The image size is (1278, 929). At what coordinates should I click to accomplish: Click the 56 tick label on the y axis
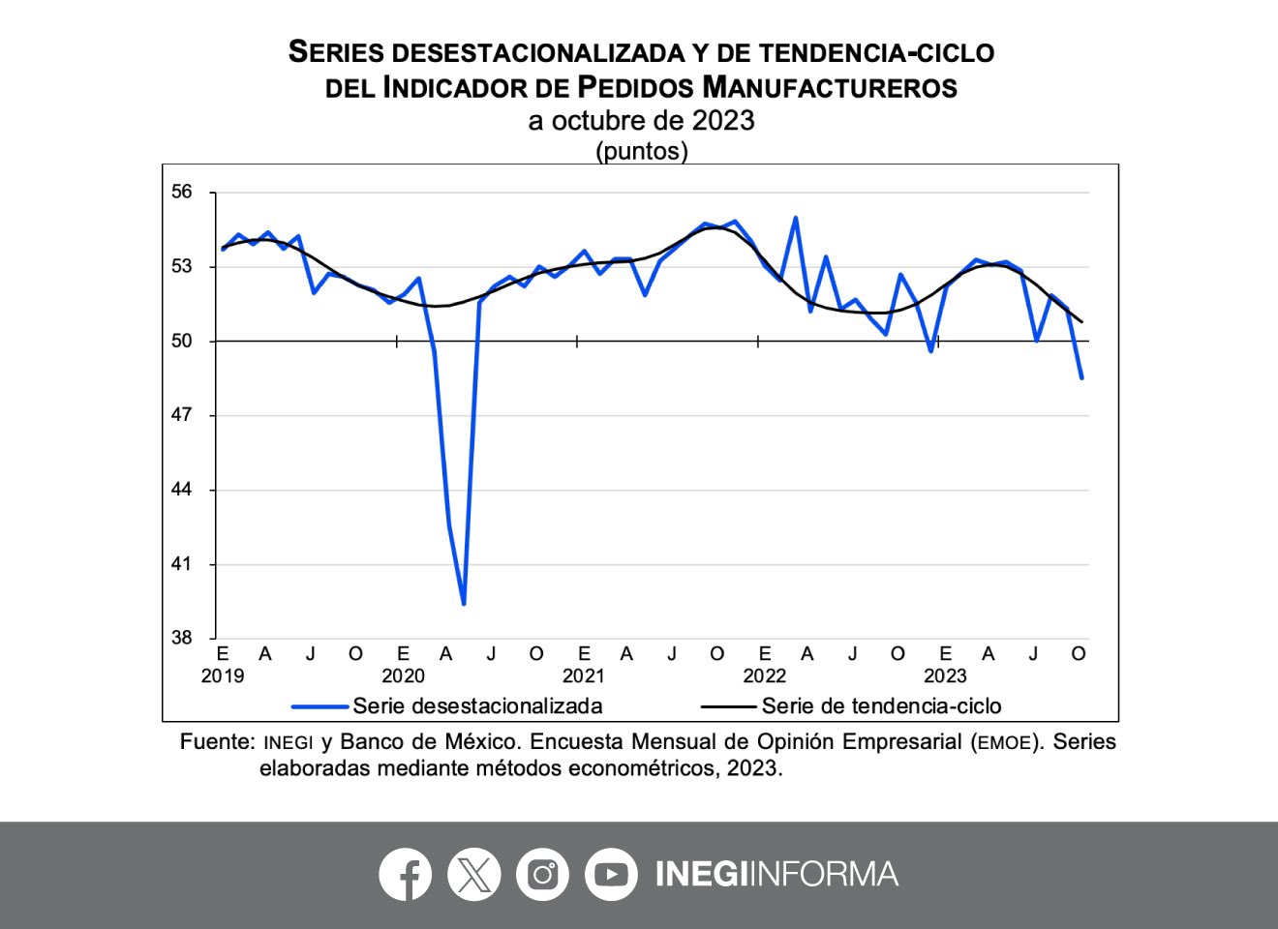pyautogui.click(x=182, y=192)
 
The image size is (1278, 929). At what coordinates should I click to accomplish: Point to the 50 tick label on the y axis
pyautogui.click(x=182, y=341)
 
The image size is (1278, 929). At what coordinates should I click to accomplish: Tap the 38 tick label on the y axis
pyautogui.click(x=182, y=638)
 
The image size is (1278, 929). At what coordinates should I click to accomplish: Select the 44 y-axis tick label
pyautogui.click(x=182, y=490)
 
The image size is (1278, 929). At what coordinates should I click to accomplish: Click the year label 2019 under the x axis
pyautogui.click(x=223, y=675)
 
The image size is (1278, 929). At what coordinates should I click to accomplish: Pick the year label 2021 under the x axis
pyautogui.click(x=584, y=675)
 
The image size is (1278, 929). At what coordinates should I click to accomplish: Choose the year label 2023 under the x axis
pyautogui.click(x=945, y=675)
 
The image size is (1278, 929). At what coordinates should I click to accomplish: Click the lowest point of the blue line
pyautogui.click(x=464, y=604)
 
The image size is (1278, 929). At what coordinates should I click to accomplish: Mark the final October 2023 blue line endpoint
pyautogui.click(x=1081, y=378)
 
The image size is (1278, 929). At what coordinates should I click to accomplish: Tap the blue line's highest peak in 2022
pyautogui.click(x=795, y=218)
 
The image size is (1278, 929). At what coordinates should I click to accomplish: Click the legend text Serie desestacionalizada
pyautogui.click(x=477, y=705)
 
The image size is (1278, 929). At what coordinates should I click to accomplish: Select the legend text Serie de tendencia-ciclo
pyautogui.click(x=881, y=705)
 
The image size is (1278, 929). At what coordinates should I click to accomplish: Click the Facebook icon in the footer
pyautogui.click(x=405, y=875)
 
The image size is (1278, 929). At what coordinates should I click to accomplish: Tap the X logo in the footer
pyautogui.click(x=473, y=875)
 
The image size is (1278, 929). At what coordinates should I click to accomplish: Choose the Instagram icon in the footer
pyautogui.click(x=542, y=875)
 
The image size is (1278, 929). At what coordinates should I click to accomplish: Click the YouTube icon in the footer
pyautogui.click(x=611, y=875)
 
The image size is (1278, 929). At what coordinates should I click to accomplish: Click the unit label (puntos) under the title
pyautogui.click(x=641, y=151)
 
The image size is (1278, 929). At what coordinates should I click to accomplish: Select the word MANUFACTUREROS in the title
pyautogui.click(x=830, y=87)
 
